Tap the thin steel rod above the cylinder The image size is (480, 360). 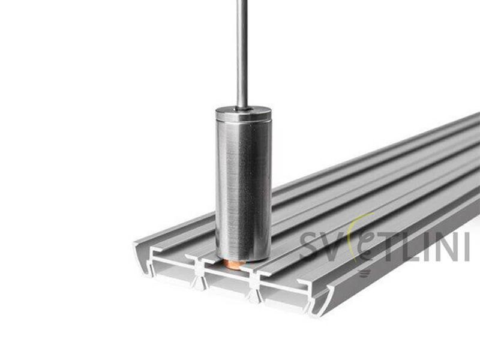[242, 53]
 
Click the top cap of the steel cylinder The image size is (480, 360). [244, 113]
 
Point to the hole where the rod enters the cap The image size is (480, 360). [243, 109]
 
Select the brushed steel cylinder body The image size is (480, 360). [244, 190]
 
